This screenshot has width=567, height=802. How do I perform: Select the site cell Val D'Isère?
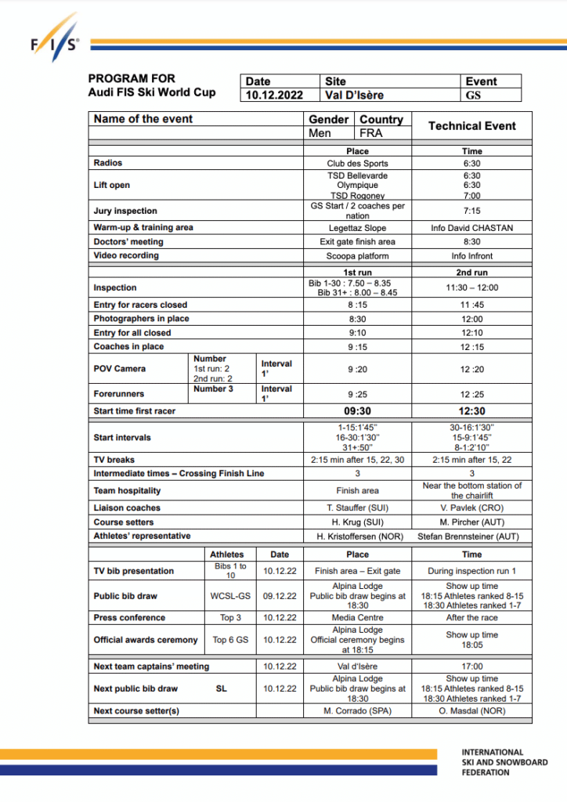[353, 96]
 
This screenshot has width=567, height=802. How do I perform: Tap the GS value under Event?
[472, 96]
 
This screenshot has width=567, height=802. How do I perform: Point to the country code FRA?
[371, 133]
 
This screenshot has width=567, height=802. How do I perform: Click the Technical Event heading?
[471, 126]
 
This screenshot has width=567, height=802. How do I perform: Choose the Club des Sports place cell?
[357, 164]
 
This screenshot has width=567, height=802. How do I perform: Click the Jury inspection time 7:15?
[471, 211]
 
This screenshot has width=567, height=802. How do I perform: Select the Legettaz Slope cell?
[357, 228]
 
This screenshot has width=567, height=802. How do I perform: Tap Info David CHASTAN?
[471, 228]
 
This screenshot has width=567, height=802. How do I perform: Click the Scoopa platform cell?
[357, 256]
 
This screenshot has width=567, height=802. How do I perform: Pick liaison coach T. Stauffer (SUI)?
[357, 508]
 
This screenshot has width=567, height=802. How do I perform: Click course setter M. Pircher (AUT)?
[471, 522]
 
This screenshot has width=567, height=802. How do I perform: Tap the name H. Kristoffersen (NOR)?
[357, 536]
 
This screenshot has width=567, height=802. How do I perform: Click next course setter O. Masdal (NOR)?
[471, 711]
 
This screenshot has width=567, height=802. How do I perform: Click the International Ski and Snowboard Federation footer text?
[504, 762]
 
